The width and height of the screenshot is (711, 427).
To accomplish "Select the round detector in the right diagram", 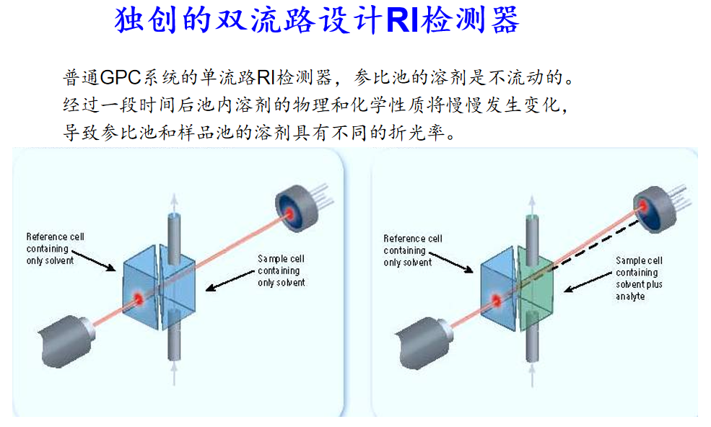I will coord(655,208).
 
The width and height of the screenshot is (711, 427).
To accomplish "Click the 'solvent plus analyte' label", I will coord(639,290).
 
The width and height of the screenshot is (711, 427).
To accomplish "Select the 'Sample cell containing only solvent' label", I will coord(281,270).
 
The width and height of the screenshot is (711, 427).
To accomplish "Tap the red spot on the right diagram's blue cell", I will coord(497,297).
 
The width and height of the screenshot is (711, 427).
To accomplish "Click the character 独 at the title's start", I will coord(127,20).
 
